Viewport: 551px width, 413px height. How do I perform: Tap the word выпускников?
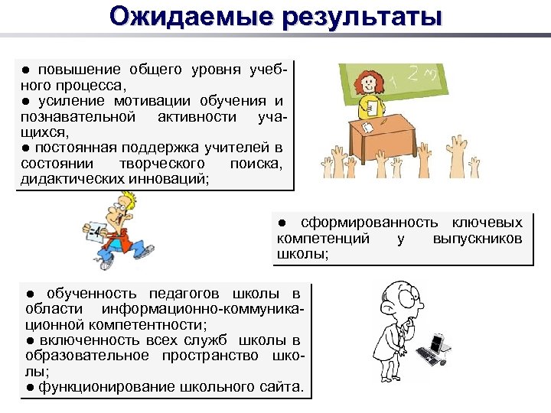click(x=478, y=239)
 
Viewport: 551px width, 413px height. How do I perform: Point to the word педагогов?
click(x=183, y=293)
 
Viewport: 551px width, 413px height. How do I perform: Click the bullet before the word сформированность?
click(x=281, y=223)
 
